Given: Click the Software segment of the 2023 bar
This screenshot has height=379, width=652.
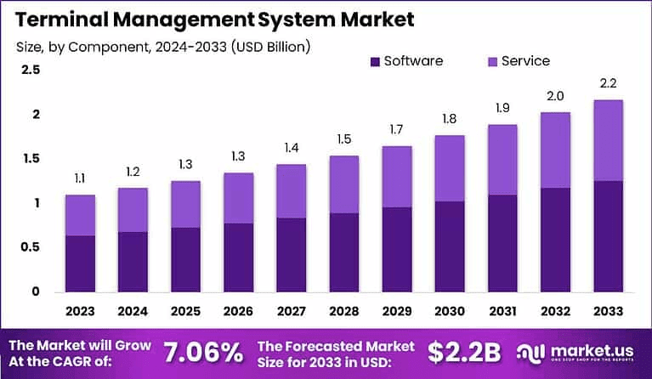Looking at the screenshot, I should tap(80, 263).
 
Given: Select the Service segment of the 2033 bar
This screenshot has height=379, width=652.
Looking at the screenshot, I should tap(608, 140).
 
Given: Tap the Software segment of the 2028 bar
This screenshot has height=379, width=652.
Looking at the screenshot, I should tap(343, 252).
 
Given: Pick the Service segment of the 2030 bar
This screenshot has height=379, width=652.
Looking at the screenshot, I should tap(450, 168).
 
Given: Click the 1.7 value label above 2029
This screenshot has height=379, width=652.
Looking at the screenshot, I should tap(396, 129).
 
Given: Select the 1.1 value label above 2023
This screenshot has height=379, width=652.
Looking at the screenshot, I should tap(80, 178).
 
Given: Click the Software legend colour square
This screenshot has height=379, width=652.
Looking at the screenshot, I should tap(375, 61).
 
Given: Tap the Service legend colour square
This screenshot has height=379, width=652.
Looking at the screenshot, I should tap(492, 61).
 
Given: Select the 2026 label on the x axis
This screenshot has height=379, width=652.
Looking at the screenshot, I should tap(238, 310).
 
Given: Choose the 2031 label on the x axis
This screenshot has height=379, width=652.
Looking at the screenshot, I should tap(502, 310).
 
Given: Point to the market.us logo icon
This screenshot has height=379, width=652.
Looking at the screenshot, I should tap(532, 352).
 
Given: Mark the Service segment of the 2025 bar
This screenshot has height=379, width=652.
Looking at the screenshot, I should tap(185, 204).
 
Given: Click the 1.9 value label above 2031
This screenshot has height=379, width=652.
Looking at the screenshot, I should tap(502, 108).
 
